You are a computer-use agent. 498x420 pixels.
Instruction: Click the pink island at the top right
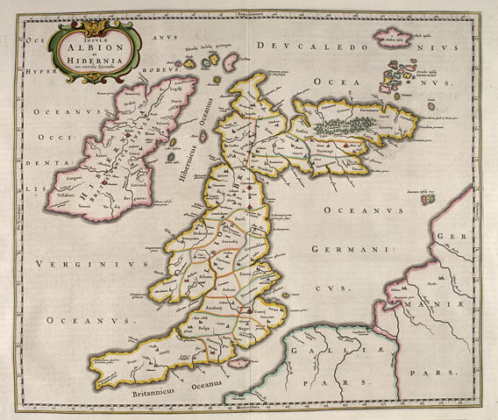(394, 39)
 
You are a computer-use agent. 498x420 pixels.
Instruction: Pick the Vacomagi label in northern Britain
(330, 150)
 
